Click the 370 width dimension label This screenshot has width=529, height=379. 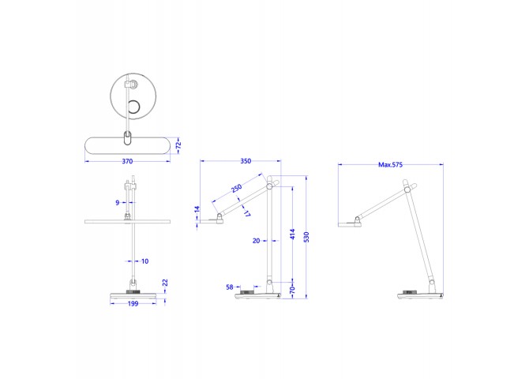pos(127,161)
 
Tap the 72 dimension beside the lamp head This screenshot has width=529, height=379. pos(178,145)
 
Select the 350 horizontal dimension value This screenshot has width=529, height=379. pos(246,161)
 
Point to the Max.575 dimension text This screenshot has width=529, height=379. pos(390,165)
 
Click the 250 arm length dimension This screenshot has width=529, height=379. pos(237,188)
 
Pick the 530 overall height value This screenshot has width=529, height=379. pos(306,237)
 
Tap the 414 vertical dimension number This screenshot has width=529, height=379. pos(292,235)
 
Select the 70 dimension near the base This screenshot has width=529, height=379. pos(292,290)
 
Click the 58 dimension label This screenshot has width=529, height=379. pos(230,287)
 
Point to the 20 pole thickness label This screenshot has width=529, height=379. pos(256,241)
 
